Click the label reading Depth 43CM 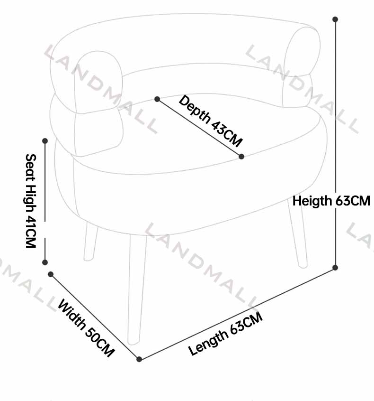pyautogui.click(x=211, y=121)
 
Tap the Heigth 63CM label pyautogui.click(x=331, y=201)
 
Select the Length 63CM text pyautogui.click(x=225, y=334)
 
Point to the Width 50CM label pyautogui.click(x=86, y=328)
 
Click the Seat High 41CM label pyautogui.click(x=31, y=201)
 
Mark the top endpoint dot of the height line pyautogui.click(x=335, y=19)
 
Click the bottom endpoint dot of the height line pyautogui.click(x=335, y=268)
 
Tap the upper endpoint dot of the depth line pyautogui.click(x=157, y=99)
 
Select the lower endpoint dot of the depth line pyautogui.click(x=241, y=157)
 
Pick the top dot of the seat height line pyautogui.click(x=45, y=140)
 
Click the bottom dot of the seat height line pyautogui.click(x=45, y=262)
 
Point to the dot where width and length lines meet pyautogui.click(x=139, y=359)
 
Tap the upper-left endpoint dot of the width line pyautogui.click(x=51, y=274)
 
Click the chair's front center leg pyautogui.click(x=137, y=289)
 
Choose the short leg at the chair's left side pyautogui.click(x=90, y=242)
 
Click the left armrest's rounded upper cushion pyautogui.click(x=98, y=82)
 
